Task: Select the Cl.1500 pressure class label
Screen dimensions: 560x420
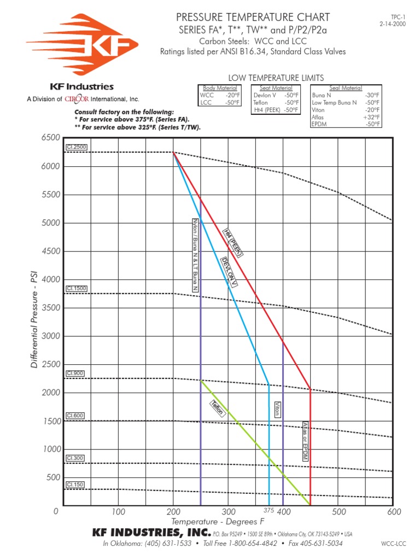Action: pyautogui.click(x=73, y=288)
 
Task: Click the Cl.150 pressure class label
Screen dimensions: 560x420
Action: pyautogui.click(x=72, y=485)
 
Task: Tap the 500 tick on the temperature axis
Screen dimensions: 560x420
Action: pyautogui.click(x=339, y=512)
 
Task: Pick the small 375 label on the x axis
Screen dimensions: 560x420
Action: pyautogui.click(x=269, y=510)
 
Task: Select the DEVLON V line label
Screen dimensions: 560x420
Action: pyautogui.click(x=229, y=271)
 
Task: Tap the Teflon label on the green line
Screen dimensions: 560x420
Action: pyautogui.click(x=217, y=409)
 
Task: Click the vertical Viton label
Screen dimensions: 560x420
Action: pyautogui.click(x=277, y=410)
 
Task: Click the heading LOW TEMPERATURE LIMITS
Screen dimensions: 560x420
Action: pyautogui.click(x=276, y=78)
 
